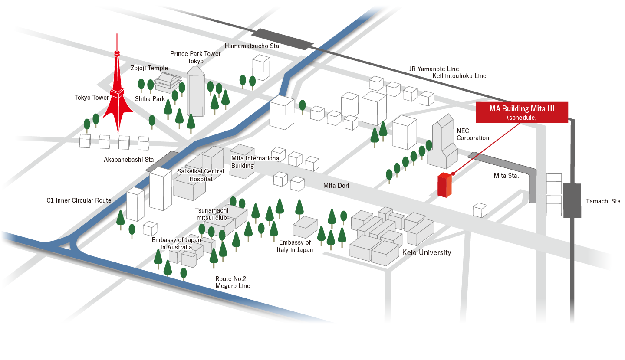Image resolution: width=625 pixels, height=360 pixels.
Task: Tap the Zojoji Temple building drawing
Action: click(x=168, y=82)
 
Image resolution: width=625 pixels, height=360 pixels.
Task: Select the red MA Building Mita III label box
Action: click(x=522, y=112)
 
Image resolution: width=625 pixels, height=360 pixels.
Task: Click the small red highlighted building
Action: click(x=444, y=185)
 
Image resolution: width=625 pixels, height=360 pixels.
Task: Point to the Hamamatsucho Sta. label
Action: click(x=253, y=46)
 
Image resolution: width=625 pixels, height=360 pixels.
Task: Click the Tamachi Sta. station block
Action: click(x=572, y=200)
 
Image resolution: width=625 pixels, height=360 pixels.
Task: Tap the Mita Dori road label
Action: click(x=336, y=186)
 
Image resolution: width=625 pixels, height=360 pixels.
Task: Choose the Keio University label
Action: click(x=427, y=252)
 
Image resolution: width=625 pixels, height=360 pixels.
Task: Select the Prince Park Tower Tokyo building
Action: click(x=195, y=92)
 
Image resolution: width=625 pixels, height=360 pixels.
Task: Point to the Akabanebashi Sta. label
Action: click(x=130, y=160)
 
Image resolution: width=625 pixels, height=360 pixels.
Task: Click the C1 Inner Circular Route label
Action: click(x=79, y=200)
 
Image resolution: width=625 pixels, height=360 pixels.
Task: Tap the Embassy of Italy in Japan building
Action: click(x=305, y=227)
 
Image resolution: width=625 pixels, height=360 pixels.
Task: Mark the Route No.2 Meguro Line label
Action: click(x=233, y=282)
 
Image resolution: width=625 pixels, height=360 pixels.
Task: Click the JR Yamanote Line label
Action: click(x=434, y=69)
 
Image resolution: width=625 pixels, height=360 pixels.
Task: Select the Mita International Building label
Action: click(x=256, y=162)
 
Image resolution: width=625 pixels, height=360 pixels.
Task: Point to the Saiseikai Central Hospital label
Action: click(x=201, y=175)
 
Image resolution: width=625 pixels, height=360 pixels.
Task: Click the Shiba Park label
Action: click(x=150, y=99)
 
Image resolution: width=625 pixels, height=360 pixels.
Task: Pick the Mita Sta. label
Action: click(x=506, y=176)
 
